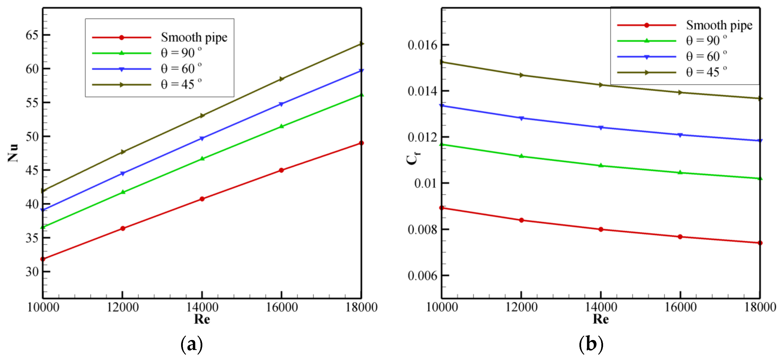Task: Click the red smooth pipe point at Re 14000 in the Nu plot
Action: click(202, 199)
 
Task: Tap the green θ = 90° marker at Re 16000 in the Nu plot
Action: click(281, 126)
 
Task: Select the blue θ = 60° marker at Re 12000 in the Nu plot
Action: click(123, 174)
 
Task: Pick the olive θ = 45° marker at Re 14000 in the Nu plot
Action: click(202, 115)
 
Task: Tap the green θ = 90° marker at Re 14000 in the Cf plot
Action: click(601, 165)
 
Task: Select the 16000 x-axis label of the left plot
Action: click(282, 308)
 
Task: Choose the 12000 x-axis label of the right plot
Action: click(521, 308)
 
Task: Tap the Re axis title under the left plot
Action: click(202, 319)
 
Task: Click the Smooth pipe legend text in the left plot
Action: click(194, 37)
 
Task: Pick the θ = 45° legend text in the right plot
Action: click(706, 72)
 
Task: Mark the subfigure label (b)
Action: click(591, 344)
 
